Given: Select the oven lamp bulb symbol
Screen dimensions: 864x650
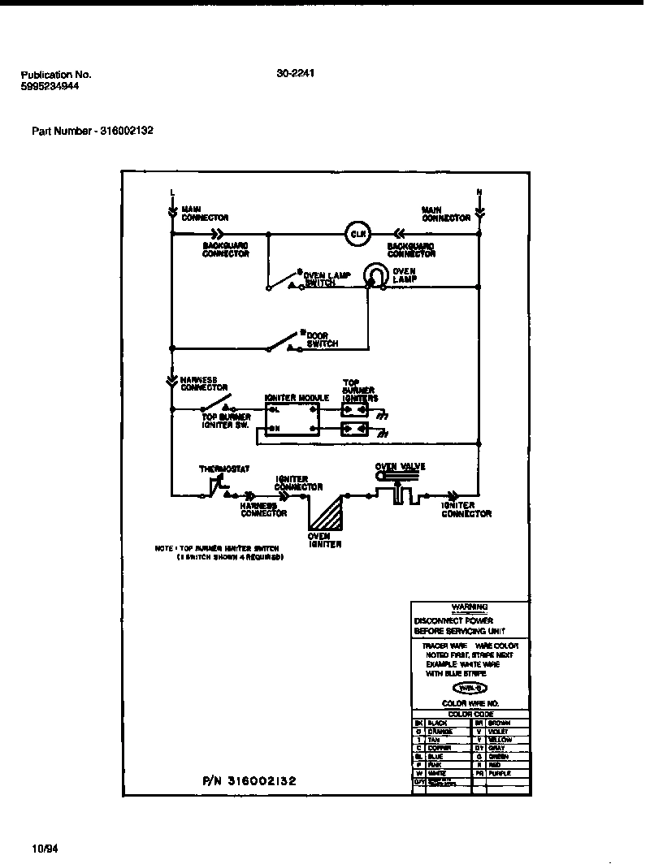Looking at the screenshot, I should tap(375, 274).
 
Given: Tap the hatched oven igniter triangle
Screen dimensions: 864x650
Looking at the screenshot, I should tap(327, 513).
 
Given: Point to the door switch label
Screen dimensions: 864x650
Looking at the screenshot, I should tap(322, 339).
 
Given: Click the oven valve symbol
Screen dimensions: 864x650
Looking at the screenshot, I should tap(398, 490).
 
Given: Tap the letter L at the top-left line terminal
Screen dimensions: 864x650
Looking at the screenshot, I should tap(172, 192).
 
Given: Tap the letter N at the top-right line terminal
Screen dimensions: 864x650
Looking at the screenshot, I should tap(479, 192).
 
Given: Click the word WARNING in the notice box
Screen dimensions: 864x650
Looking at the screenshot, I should tap(469, 607).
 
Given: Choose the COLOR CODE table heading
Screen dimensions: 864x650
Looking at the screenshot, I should tap(470, 714).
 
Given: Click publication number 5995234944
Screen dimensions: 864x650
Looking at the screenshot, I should tap(50, 86).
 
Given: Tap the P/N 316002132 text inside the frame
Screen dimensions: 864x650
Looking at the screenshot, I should tap(249, 780).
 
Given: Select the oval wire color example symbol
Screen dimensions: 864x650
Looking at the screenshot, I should tap(470, 687).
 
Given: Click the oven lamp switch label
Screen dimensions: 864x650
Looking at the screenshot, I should tap(327, 279).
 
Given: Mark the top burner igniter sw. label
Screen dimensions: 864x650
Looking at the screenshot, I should tap(226, 421).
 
